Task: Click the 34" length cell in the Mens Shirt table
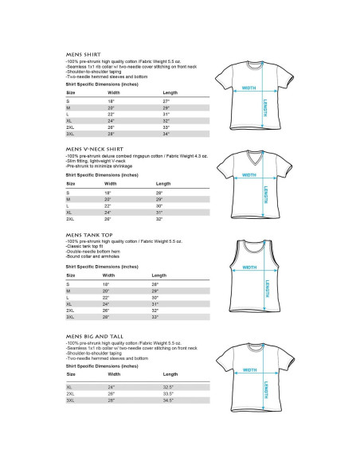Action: (166, 133)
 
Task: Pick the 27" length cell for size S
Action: (166, 102)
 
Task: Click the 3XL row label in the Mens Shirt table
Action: (70, 133)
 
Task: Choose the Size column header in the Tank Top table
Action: (70, 275)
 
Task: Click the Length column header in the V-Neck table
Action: (163, 184)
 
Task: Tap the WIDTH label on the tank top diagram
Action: (248, 267)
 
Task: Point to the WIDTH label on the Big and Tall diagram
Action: (248, 369)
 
